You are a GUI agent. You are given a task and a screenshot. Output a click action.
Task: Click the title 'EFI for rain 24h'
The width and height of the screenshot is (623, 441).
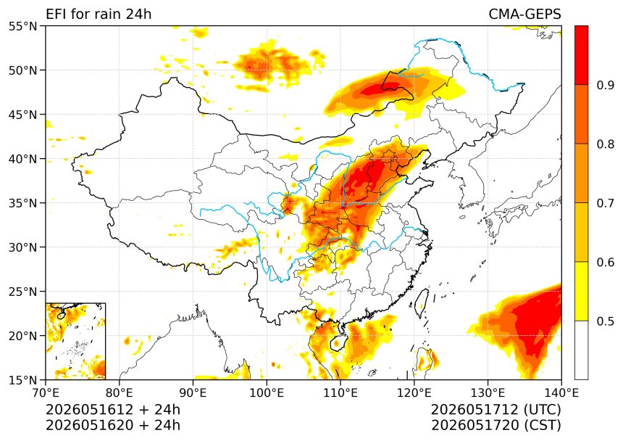(99, 15)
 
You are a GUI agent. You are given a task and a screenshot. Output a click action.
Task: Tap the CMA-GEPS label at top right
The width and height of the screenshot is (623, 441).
(524, 15)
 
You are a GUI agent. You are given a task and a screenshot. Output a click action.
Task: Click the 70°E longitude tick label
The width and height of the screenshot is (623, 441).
(46, 393)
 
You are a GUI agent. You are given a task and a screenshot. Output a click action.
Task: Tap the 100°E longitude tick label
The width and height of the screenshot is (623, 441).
(267, 393)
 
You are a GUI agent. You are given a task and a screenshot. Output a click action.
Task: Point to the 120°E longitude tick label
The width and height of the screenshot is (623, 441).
(414, 393)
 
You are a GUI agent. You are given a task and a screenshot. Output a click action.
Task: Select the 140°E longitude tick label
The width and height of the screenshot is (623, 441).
(561, 393)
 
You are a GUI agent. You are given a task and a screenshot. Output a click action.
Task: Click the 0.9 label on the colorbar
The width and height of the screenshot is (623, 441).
(606, 85)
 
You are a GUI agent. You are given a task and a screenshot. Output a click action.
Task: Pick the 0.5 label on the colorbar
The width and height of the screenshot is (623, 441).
(606, 321)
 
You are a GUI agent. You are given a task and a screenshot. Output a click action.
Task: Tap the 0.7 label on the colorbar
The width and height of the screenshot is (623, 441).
(606, 203)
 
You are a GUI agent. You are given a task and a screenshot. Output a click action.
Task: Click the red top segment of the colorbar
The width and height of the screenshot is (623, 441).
(581, 55)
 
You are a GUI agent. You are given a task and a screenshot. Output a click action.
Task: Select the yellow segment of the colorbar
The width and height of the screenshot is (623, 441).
(581, 291)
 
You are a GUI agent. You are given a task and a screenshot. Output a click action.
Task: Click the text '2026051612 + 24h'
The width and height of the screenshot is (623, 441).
(113, 409)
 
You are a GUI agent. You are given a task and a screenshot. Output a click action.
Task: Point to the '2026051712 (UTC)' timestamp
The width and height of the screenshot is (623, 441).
(496, 409)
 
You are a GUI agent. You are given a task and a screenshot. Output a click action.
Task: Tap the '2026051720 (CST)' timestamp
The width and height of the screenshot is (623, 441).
(496, 425)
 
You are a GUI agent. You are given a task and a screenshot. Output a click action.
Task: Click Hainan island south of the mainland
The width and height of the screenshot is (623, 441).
(337, 343)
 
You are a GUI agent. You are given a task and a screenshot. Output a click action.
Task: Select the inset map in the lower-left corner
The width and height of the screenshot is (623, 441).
(75, 341)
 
